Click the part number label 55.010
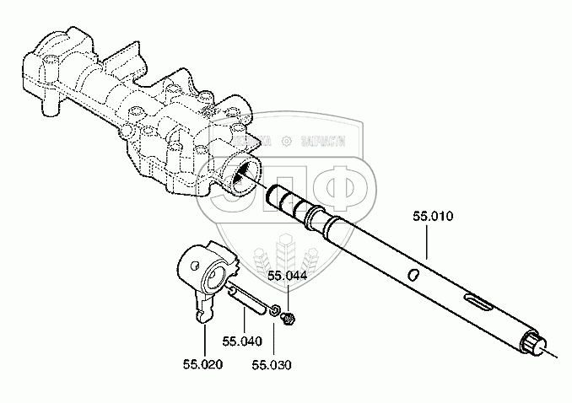433,217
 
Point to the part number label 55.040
242,341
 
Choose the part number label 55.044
288,276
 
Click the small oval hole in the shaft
412,274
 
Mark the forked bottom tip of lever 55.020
202,315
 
